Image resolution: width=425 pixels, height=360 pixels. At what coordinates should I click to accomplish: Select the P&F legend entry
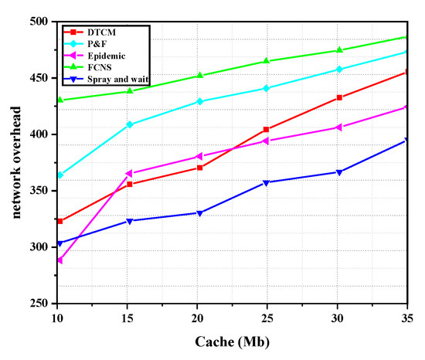pyautogui.click(x=97, y=45)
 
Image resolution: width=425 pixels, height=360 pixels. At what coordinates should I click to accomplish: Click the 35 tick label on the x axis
pyautogui.click(x=407, y=318)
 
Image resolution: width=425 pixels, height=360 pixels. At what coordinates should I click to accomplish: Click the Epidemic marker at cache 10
pyautogui.click(x=59, y=260)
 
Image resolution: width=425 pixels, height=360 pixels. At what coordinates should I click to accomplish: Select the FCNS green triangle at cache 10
pyautogui.click(x=59, y=100)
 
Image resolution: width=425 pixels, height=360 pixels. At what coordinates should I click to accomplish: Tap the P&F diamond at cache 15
pyautogui.click(x=130, y=124)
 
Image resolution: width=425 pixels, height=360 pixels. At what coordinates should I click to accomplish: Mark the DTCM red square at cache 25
pyautogui.click(x=266, y=130)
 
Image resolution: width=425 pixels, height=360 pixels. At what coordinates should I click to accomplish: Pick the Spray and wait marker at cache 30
pyautogui.click(x=338, y=172)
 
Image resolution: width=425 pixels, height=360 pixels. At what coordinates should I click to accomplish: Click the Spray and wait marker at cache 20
pyautogui.click(x=199, y=213)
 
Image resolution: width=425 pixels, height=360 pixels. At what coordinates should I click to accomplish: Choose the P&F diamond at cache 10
pyautogui.click(x=59, y=175)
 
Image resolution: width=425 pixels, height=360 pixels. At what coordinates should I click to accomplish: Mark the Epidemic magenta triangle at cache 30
pyautogui.click(x=338, y=127)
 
